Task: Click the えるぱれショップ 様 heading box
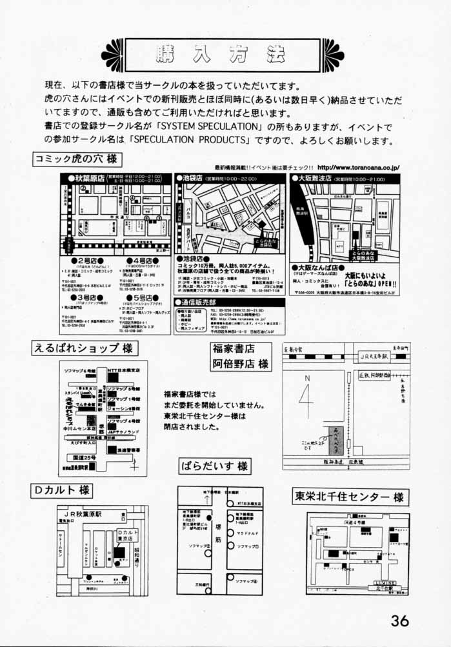(84, 348)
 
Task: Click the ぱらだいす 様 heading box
(214, 465)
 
